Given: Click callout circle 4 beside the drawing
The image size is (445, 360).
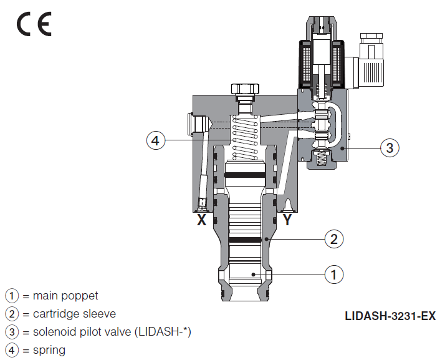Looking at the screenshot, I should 156,141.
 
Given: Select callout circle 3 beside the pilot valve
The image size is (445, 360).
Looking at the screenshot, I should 390,148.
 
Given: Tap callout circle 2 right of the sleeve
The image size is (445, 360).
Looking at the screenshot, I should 334,238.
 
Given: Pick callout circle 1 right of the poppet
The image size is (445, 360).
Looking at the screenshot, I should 334,274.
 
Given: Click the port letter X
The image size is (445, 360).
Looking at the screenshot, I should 201,220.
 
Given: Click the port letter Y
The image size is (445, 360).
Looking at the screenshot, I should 287,220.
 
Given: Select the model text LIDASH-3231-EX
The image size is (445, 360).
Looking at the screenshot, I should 390,316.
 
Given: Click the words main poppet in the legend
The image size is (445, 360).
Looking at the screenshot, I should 65,295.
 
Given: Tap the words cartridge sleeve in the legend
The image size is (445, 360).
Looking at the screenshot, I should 74,313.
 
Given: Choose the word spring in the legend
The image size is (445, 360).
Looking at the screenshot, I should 49,350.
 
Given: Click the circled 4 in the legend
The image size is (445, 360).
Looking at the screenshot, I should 12,350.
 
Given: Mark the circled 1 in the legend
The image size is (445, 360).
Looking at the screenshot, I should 12,295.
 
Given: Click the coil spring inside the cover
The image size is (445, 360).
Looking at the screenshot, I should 245,137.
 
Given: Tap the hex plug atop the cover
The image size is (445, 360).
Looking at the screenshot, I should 245,90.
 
